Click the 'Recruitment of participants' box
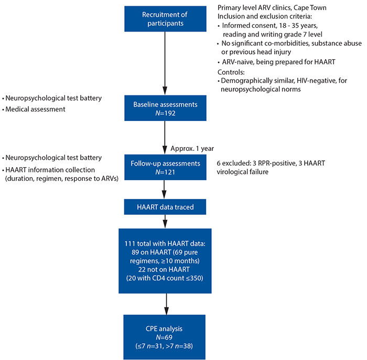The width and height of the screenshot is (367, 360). tap(165, 19)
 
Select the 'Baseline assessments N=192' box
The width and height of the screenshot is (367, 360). tap(165, 108)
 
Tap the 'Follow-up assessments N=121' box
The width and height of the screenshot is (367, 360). tap(165, 167)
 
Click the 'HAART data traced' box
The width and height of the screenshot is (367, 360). tap(165, 207)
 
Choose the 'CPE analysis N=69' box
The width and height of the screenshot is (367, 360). tap(164, 337)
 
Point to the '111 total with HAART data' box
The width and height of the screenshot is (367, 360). tap(165, 261)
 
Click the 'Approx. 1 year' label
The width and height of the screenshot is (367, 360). tap(192, 148)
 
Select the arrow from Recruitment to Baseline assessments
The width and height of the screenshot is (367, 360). tap(165, 63)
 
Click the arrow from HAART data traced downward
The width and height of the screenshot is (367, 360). tap(165, 222)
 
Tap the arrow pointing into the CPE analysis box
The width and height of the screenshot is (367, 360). tap(166, 304)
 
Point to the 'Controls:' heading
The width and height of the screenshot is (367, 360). tap(231, 72)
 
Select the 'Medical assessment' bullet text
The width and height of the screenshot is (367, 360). tap(35, 109)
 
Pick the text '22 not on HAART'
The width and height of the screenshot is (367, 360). tap(164, 269)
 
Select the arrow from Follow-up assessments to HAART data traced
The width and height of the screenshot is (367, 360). tap(164, 190)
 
